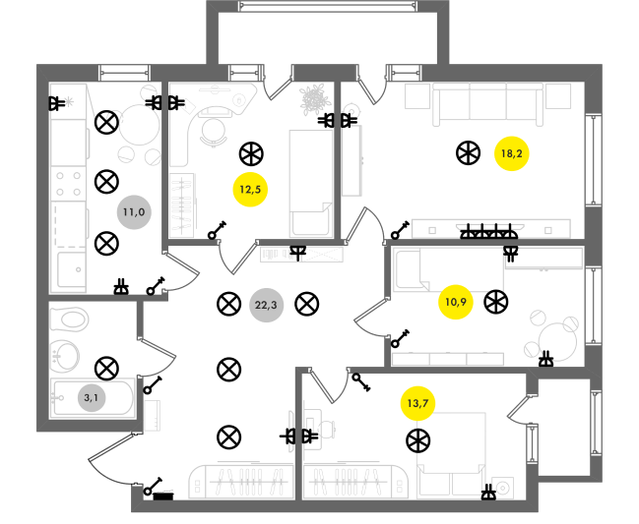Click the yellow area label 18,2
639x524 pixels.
pos(511,153)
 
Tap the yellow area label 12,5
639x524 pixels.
pos(250,190)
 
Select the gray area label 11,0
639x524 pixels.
pos(134,212)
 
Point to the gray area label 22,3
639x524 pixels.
pos(266,305)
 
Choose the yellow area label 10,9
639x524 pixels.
pos(456,302)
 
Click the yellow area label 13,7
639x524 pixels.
pos(417,403)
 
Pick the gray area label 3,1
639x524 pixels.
pos(92,397)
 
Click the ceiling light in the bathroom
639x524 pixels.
pos(106,369)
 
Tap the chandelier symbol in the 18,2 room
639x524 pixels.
pos(469,153)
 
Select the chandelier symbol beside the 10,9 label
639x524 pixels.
pos(496,302)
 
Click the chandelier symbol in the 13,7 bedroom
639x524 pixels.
pos(418,441)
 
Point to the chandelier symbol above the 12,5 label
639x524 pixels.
pos(251,154)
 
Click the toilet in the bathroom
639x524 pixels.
pos(69,320)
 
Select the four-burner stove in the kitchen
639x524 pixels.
pos(68,184)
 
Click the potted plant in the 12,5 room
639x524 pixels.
pos(313,99)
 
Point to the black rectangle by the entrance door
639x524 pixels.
pos(163,496)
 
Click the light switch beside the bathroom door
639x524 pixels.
pos(152,385)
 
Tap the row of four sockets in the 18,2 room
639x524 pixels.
pos(489,232)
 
